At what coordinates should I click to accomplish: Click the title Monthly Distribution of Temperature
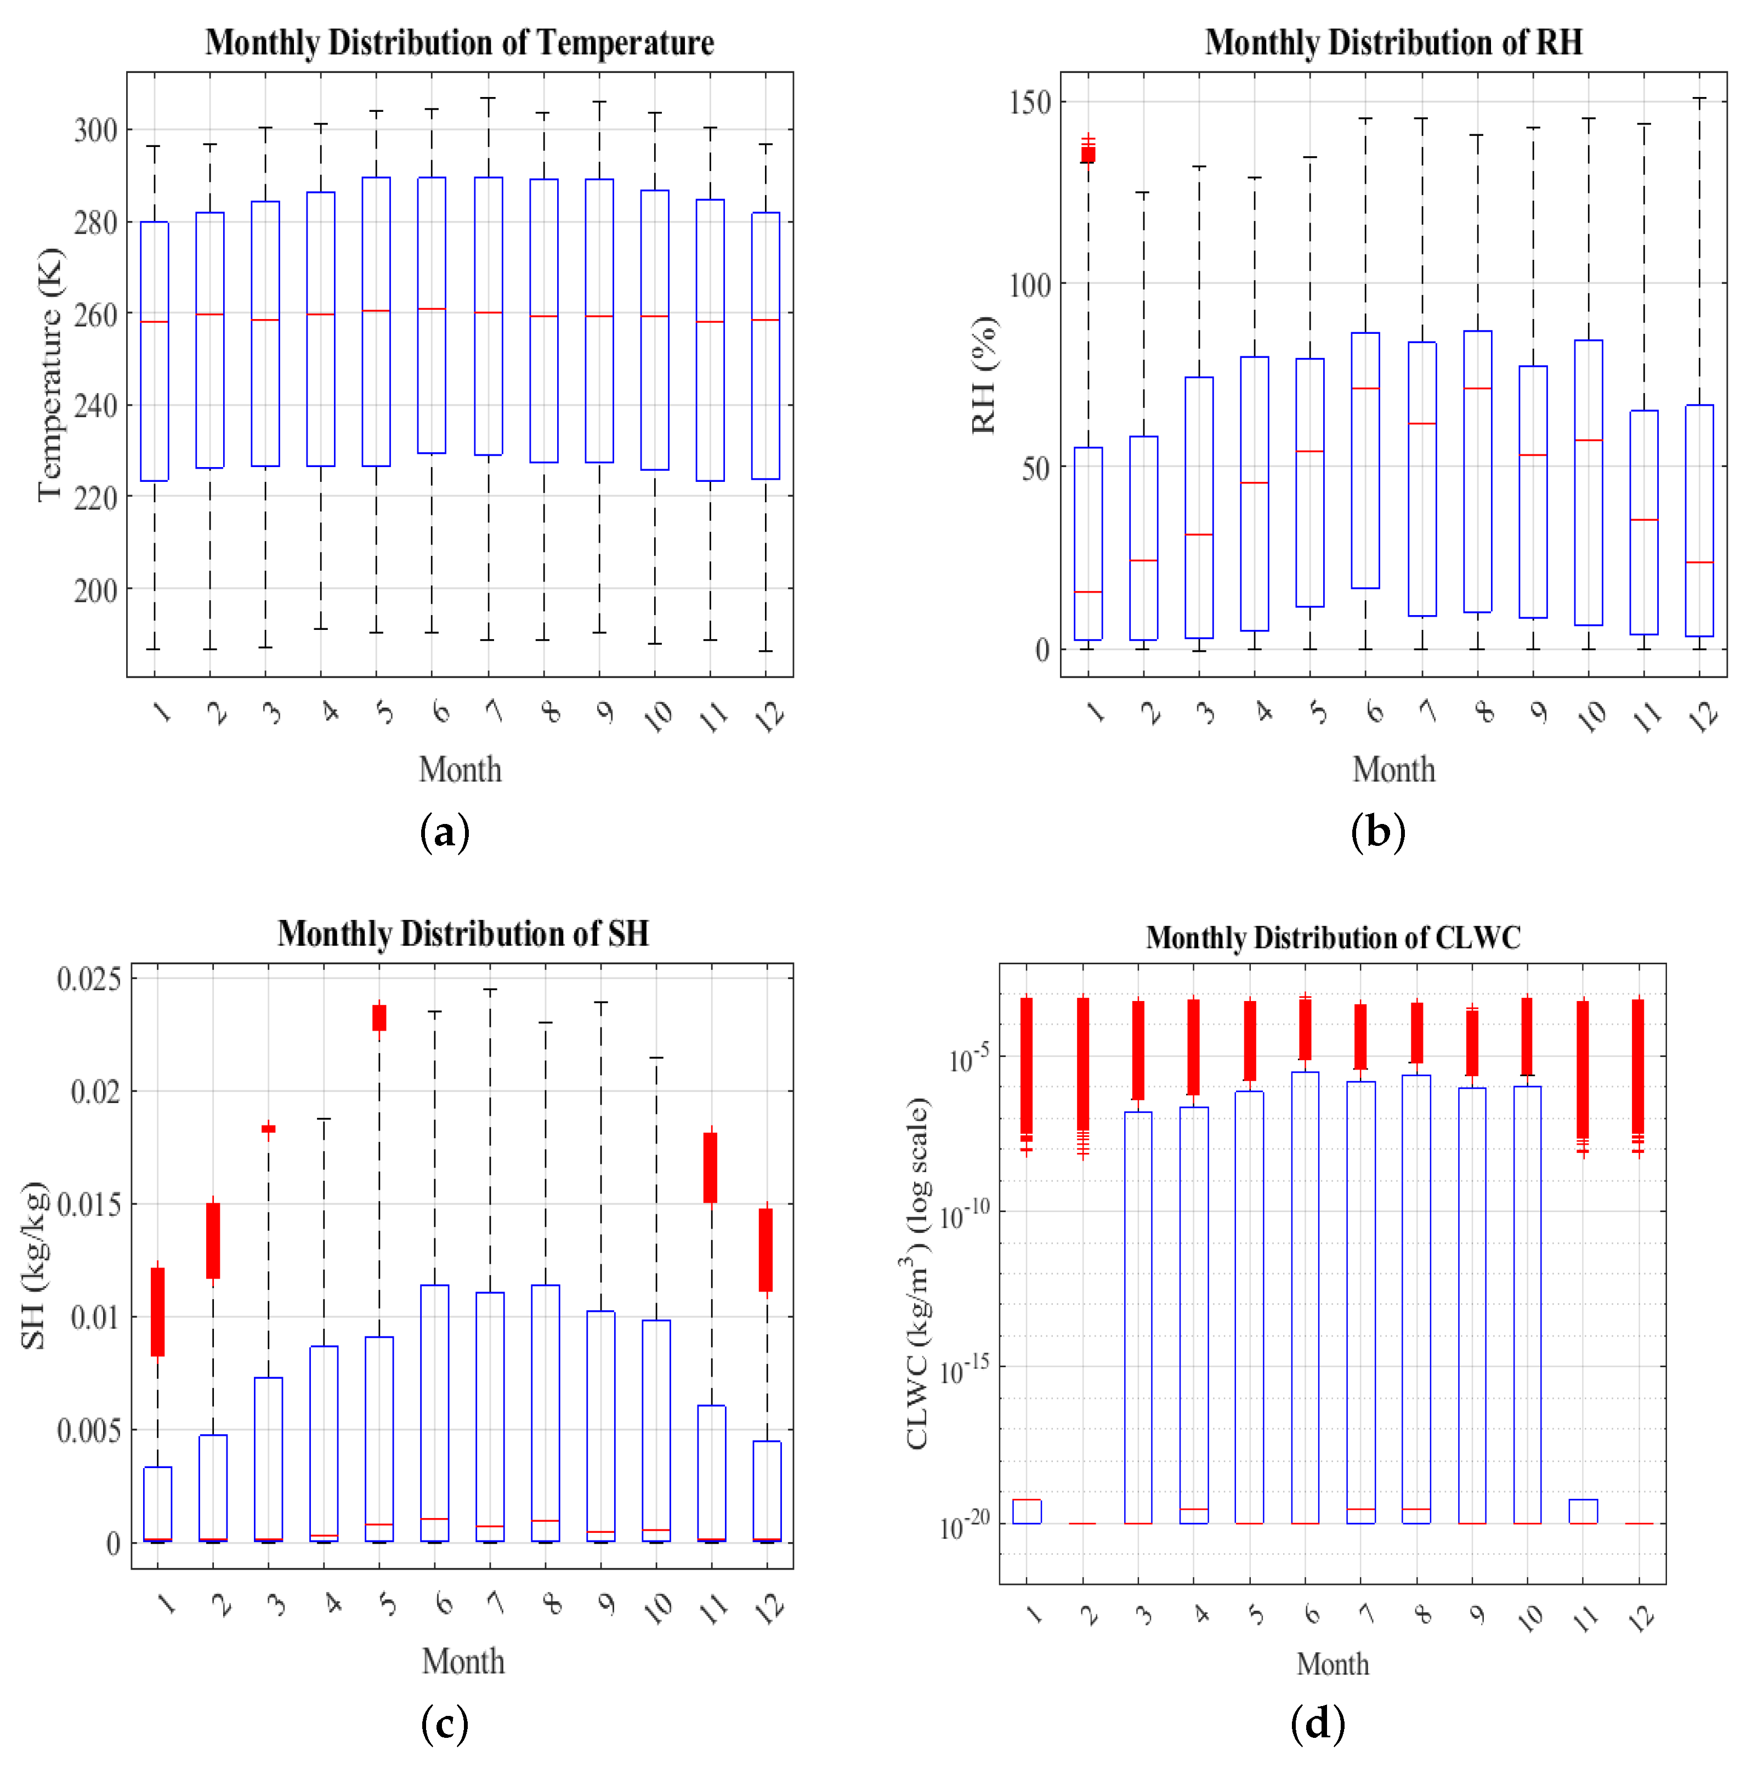point(460,43)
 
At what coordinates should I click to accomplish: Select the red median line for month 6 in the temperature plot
point(432,309)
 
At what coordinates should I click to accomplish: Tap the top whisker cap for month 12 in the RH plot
point(1700,98)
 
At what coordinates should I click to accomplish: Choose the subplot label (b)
point(1377,832)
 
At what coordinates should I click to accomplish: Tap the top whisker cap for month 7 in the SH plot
point(490,989)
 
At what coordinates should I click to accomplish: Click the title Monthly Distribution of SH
point(463,934)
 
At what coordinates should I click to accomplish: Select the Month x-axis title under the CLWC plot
point(1333,1664)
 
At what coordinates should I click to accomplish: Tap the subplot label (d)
point(1317,1725)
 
